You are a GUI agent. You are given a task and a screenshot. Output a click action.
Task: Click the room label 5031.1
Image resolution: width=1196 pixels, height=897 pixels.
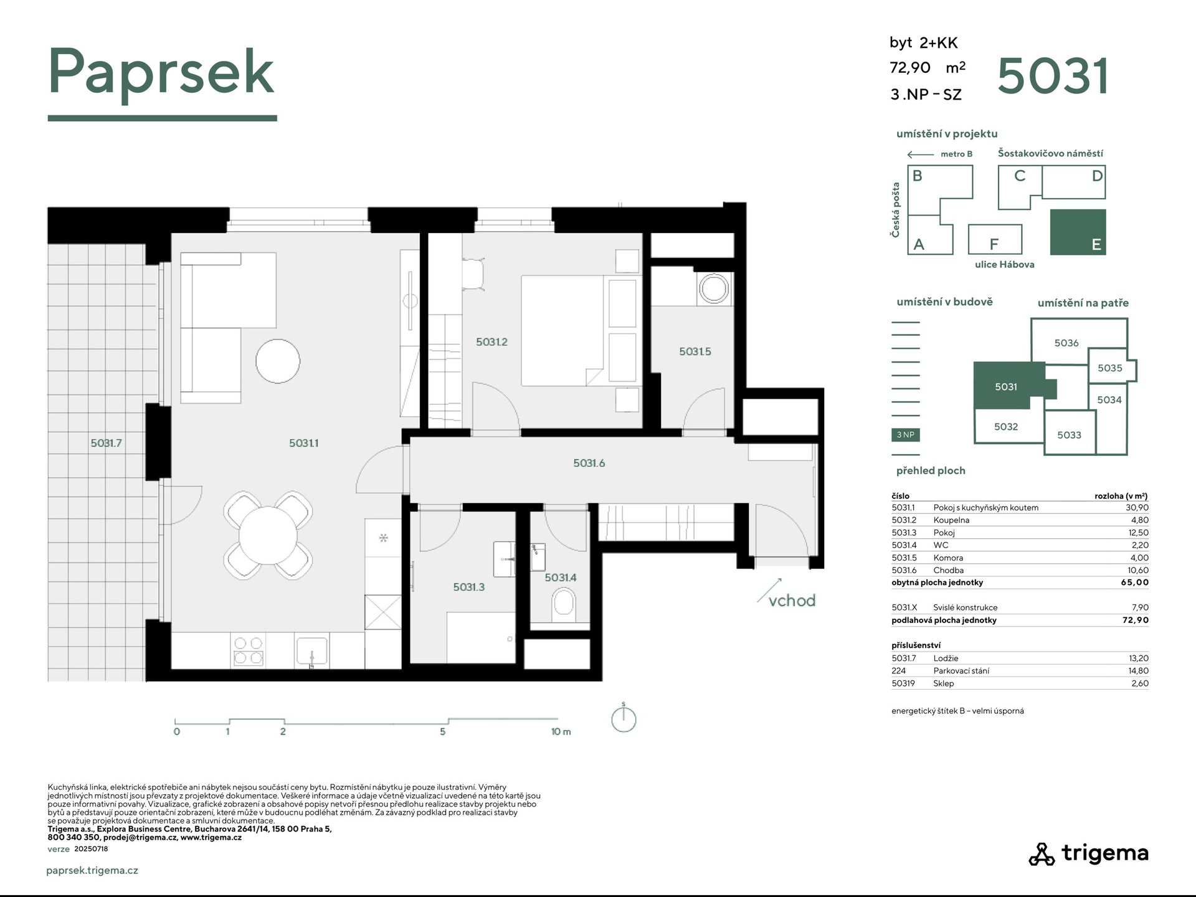pos(304,443)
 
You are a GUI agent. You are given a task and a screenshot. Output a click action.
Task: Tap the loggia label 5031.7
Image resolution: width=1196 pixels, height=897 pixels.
pos(107,443)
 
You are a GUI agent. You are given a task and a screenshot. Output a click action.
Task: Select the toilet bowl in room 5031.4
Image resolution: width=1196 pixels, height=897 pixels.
pos(564,605)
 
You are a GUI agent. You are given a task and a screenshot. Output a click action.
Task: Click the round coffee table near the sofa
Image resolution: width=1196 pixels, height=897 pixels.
pos(278,361)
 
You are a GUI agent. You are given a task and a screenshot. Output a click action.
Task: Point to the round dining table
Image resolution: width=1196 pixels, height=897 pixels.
pos(268,535)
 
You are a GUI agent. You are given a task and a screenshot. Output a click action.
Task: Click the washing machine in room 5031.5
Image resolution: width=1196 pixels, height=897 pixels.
pos(714,289)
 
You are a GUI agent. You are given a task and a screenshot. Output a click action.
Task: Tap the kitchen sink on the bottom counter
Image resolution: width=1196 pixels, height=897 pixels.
pos(311,652)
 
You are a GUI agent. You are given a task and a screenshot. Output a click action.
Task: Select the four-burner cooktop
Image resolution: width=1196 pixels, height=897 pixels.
pos(248,651)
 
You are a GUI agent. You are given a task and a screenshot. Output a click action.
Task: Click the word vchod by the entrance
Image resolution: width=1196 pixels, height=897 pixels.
pos(792,600)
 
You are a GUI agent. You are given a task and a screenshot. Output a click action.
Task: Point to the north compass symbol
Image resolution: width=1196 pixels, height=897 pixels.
pos(624,718)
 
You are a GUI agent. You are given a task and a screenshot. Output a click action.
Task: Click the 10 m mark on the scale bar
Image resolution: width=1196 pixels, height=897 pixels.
pos(561,731)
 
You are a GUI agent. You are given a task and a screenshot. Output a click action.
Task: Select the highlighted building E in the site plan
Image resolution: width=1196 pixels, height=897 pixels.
pos(1078,232)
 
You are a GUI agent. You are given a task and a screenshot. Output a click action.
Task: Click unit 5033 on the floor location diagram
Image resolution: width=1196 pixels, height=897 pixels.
pos(1070,435)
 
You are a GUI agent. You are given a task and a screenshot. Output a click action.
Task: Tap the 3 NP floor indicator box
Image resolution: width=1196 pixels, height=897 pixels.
pos(906,435)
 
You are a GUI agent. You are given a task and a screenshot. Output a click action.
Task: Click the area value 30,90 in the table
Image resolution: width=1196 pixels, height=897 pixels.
pos(1137,508)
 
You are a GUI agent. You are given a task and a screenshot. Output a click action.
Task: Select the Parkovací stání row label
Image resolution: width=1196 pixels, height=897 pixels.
pos(961,671)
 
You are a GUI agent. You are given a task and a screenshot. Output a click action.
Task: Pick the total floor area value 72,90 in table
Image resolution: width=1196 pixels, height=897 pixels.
pos(1136,620)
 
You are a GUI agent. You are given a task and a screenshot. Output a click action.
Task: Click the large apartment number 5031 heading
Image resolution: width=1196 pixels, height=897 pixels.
pos(1053,76)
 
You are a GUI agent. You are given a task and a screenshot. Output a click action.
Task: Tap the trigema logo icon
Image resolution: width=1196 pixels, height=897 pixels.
pos(1041,854)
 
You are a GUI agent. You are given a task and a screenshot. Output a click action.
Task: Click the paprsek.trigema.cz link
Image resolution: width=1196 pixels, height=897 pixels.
pos(92,871)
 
